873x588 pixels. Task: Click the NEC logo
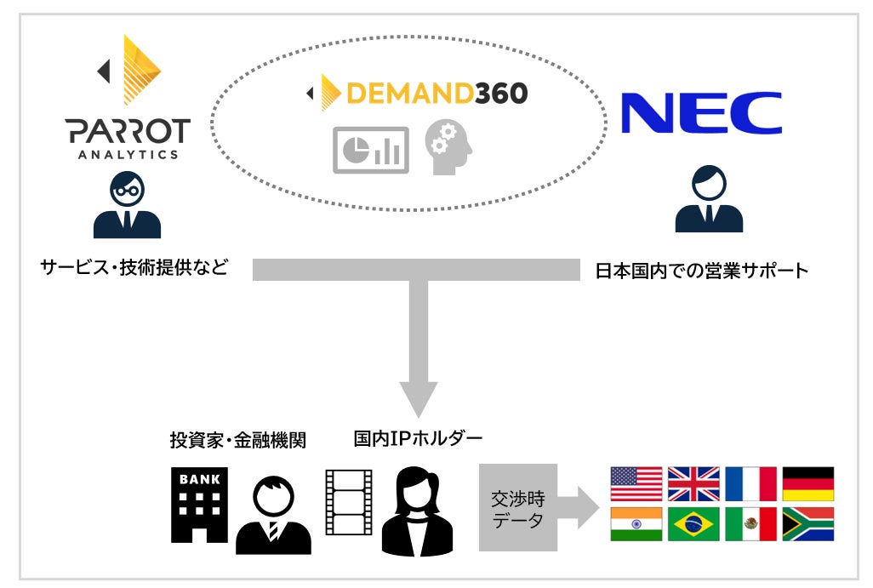pos(701,113)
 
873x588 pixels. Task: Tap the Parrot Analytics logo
pos(128,98)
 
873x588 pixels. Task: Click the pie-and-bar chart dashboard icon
pos(370,150)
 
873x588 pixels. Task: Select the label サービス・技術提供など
pos(134,267)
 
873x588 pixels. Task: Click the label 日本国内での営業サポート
pos(701,271)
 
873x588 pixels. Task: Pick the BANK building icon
pos(199,504)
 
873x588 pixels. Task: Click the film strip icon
pos(348,501)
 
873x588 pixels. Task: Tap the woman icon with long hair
pos(417,511)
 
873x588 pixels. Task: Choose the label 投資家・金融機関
pos(237,440)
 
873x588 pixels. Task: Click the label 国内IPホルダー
pos(418,439)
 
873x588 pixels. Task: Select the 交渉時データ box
pos(517,508)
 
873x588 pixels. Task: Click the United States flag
pos(636,483)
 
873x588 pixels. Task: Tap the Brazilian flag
pos(693,524)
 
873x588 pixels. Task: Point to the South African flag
pos(807,524)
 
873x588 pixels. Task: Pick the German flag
pos(807,483)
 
